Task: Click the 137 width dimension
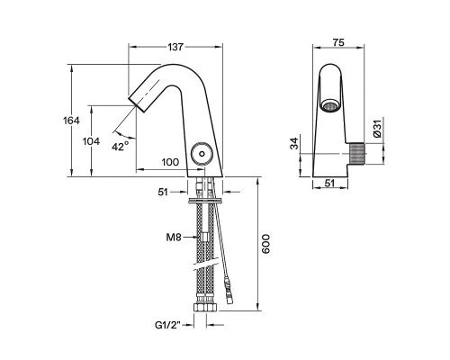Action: pyautogui.click(x=175, y=36)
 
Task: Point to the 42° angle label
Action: pyautogui.click(x=120, y=145)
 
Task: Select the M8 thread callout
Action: pyautogui.click(x=175, y=238)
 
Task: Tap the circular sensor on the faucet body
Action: pyautogui.click(x=202, y=156)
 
